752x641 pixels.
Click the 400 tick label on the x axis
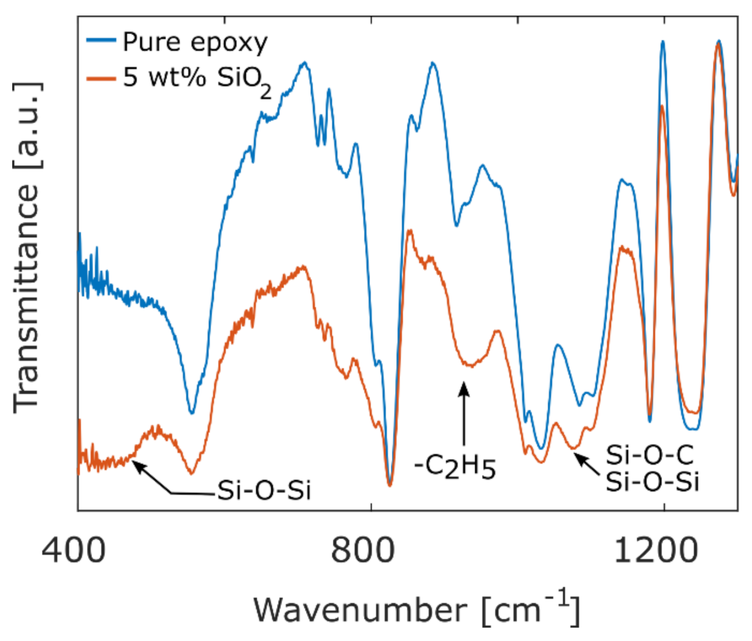[74, 550]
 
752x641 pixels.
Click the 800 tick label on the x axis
[363, 550]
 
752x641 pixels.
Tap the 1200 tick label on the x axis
[656, 550]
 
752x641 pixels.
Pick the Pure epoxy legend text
[195, 42]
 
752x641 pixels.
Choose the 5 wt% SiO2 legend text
[197, 79]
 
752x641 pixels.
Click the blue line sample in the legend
[101, 40]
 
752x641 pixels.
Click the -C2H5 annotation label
[455, 467]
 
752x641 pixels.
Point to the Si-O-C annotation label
[650, 455]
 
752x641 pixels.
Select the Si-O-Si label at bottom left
[264, 490]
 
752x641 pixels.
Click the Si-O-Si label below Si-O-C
[652, 481]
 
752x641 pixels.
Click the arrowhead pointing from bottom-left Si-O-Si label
[137, 465]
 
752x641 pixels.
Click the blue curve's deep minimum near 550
[192, 412]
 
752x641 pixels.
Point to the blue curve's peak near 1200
[663, 42]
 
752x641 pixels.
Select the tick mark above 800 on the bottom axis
[371, 507]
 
